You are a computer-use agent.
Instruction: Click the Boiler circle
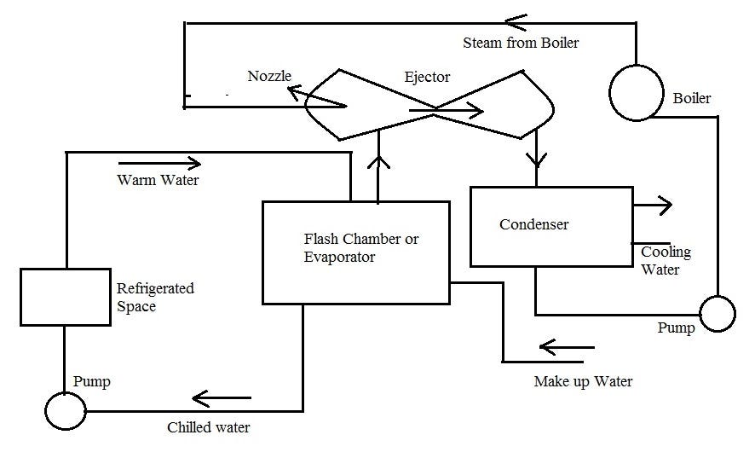[636, 92]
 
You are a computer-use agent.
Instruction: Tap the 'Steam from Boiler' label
[520, 42]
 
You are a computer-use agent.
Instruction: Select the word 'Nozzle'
[269, 76]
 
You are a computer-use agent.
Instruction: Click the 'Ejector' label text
[427, 77]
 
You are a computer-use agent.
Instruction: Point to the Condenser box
[550, 225]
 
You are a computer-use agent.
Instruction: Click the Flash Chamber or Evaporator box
[355, 252]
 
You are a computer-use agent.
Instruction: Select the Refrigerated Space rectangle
[64, 297]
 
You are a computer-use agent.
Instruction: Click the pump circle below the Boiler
[717, 314]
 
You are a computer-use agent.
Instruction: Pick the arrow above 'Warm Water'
[159, 162]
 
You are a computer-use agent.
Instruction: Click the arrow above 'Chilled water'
[221, 397]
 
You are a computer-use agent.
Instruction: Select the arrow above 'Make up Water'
[567, 347]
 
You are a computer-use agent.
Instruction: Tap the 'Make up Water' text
[583, 381]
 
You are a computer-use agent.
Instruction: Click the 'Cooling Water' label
[666, 261]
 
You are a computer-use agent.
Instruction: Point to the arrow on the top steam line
[515, 18]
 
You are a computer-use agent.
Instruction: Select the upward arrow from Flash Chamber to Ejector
[377, 167]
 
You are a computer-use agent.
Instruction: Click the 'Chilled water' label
[209, 427]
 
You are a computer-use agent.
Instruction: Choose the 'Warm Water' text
[158, 180]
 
